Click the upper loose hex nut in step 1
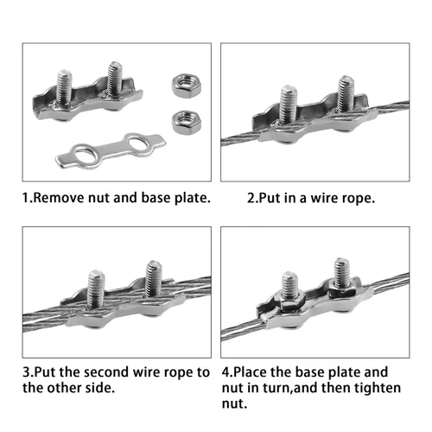coord(187,86)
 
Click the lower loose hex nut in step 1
coord(187,123)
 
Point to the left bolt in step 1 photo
coord(64,87)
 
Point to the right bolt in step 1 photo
coord(115,79)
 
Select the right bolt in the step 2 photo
coord(346,93)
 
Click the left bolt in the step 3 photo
coord(96,289)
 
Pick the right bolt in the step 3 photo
coord(154,278)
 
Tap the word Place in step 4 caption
coord(250,372)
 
